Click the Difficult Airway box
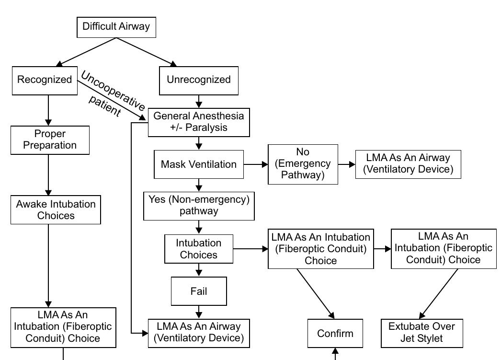pyautogui.click(x=116, y=27)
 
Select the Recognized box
pyautogui.click(x=45, y=80)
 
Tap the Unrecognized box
pyautogui.click(x=198, y=80)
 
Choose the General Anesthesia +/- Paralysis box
pyautogui.click(x=199, y=122)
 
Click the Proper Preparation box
pyautogui.click(x=50, y=140)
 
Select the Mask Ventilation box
pyautogui.click(x=199, y=164)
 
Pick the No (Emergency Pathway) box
pyautogui.click(x=303, y=164)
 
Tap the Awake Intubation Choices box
pyautogui.click(x=56, y=210)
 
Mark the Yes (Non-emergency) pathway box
pyautogui.click(x=199, y=206)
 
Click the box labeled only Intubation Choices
pyautogui.click(x=198, y=249)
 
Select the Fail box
pyautogui.click(x=199, y=291)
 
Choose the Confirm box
pyautogui.click(x=335, y=333)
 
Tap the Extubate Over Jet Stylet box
pyautogui.click(x=422, y=333)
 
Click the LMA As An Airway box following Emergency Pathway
pyautogui.click(x=408, y=164)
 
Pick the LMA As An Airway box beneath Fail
pyautogui.click(x=199, y=332)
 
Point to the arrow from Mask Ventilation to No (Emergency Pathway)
pyautogui.click(x=256, y=164)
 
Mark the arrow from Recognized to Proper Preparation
pyautogui.click(x=48, y=110)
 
